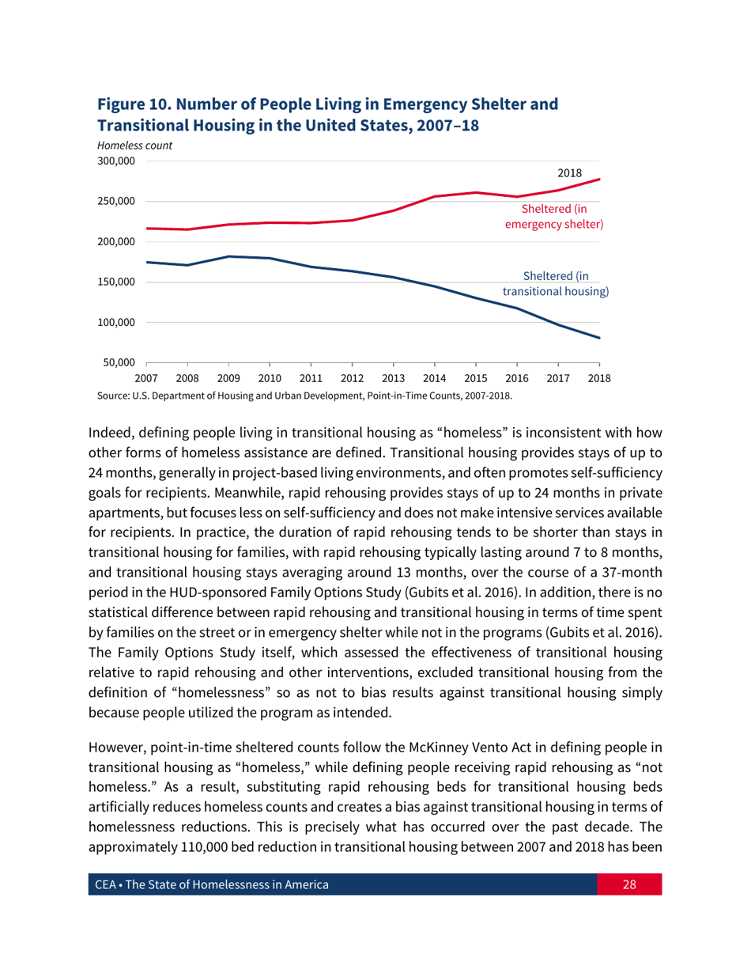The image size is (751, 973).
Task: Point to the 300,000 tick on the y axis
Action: [115, 161]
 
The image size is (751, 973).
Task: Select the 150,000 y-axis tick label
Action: [115, 282]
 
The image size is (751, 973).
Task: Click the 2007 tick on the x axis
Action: [146, 378]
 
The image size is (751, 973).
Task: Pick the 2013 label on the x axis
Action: [393, 378]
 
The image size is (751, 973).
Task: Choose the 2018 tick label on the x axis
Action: [599, 378]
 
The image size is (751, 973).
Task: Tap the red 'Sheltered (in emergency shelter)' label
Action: [553, 217]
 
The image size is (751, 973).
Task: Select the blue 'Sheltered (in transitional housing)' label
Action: [555, 283]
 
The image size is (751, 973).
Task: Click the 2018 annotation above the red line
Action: [569, 172]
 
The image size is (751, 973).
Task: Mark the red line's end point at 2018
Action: [600, 179]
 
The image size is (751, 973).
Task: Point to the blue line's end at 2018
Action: [600, 339]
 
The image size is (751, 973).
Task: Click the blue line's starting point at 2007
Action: [147, 262]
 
